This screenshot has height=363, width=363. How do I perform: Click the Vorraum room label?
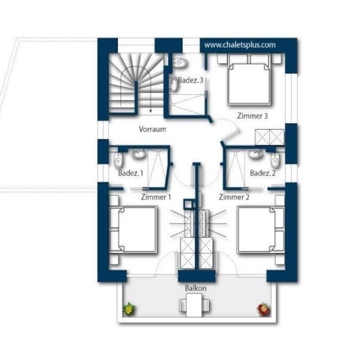click(152, 129)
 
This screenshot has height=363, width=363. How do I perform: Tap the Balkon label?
click(196, 288)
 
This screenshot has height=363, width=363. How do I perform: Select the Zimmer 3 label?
click(252, 116)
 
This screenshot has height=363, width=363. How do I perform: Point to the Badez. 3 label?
click(190, 80)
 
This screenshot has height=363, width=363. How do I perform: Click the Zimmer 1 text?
click(156, 197)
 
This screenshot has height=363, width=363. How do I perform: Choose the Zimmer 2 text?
click(234, 197)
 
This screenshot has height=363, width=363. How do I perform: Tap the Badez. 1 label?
click(130, 173)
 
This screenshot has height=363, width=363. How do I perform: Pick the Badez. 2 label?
click(263, 173)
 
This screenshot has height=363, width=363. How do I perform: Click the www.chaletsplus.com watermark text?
click(240, 45)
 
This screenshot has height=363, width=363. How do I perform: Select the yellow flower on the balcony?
click(129, 309)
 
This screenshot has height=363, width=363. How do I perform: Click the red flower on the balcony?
click(264, 309)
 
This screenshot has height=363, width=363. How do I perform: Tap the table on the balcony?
click(194, 305)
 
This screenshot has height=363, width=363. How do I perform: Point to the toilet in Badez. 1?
click(118, 160)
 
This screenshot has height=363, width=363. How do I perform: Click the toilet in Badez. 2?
click(275, 160)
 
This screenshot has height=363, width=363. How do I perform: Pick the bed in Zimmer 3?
click(249, 79)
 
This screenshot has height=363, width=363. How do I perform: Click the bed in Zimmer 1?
click(133, 229)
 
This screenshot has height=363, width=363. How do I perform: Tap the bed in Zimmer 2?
click(261, 229)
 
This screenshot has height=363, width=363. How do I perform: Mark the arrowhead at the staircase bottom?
click(150, 111)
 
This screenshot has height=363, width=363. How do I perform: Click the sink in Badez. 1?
click(138, 154)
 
